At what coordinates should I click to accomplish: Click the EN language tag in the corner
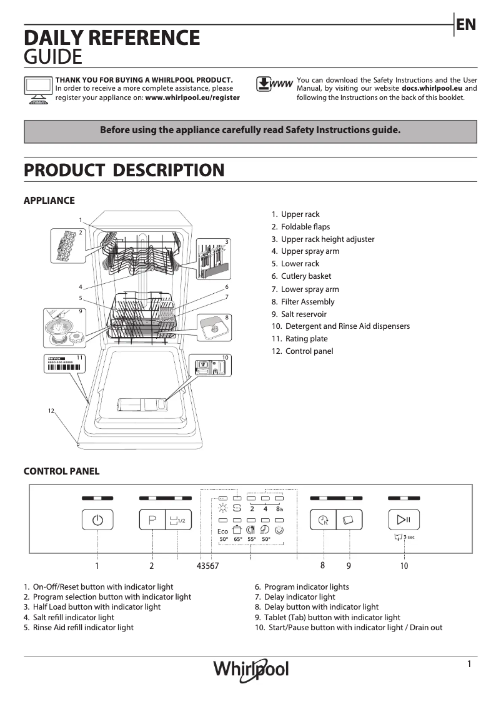466,24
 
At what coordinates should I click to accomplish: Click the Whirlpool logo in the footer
251,669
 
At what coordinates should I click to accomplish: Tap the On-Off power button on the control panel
97,520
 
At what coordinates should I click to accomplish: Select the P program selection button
152,520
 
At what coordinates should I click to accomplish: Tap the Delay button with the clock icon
323,520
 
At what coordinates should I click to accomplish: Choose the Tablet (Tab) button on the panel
349,520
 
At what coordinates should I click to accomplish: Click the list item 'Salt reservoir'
299,314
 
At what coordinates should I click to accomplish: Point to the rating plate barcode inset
64,364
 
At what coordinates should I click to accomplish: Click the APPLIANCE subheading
49,201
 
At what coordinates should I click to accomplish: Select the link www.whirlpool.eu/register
192,98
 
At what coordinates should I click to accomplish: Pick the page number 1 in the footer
469,665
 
